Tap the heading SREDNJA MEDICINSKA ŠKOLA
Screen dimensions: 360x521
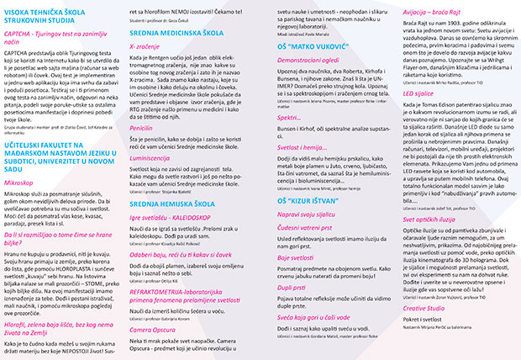[x=180, y=34]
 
